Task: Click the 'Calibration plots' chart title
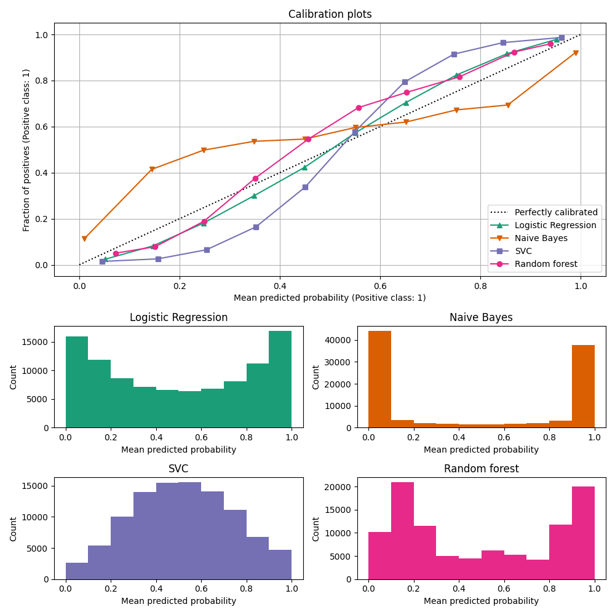click(330, 14)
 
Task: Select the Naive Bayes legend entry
click(541, 238)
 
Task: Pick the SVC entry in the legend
click(523, 251)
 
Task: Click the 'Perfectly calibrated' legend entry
click(555, 212)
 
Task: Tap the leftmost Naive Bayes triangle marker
click(84, 239)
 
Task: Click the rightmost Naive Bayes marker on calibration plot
click(576, 53)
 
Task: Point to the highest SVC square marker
click(561, 38)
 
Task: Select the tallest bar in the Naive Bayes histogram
click(379, 379)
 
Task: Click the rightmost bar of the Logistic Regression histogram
click(280, 379)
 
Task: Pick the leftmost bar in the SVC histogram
click(77, 571)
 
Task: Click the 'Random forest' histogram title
click(481, 469)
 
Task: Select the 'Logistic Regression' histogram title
click(178, 317)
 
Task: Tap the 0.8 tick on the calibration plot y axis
click(41, 81)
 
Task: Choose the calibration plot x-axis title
click(330, 298)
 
